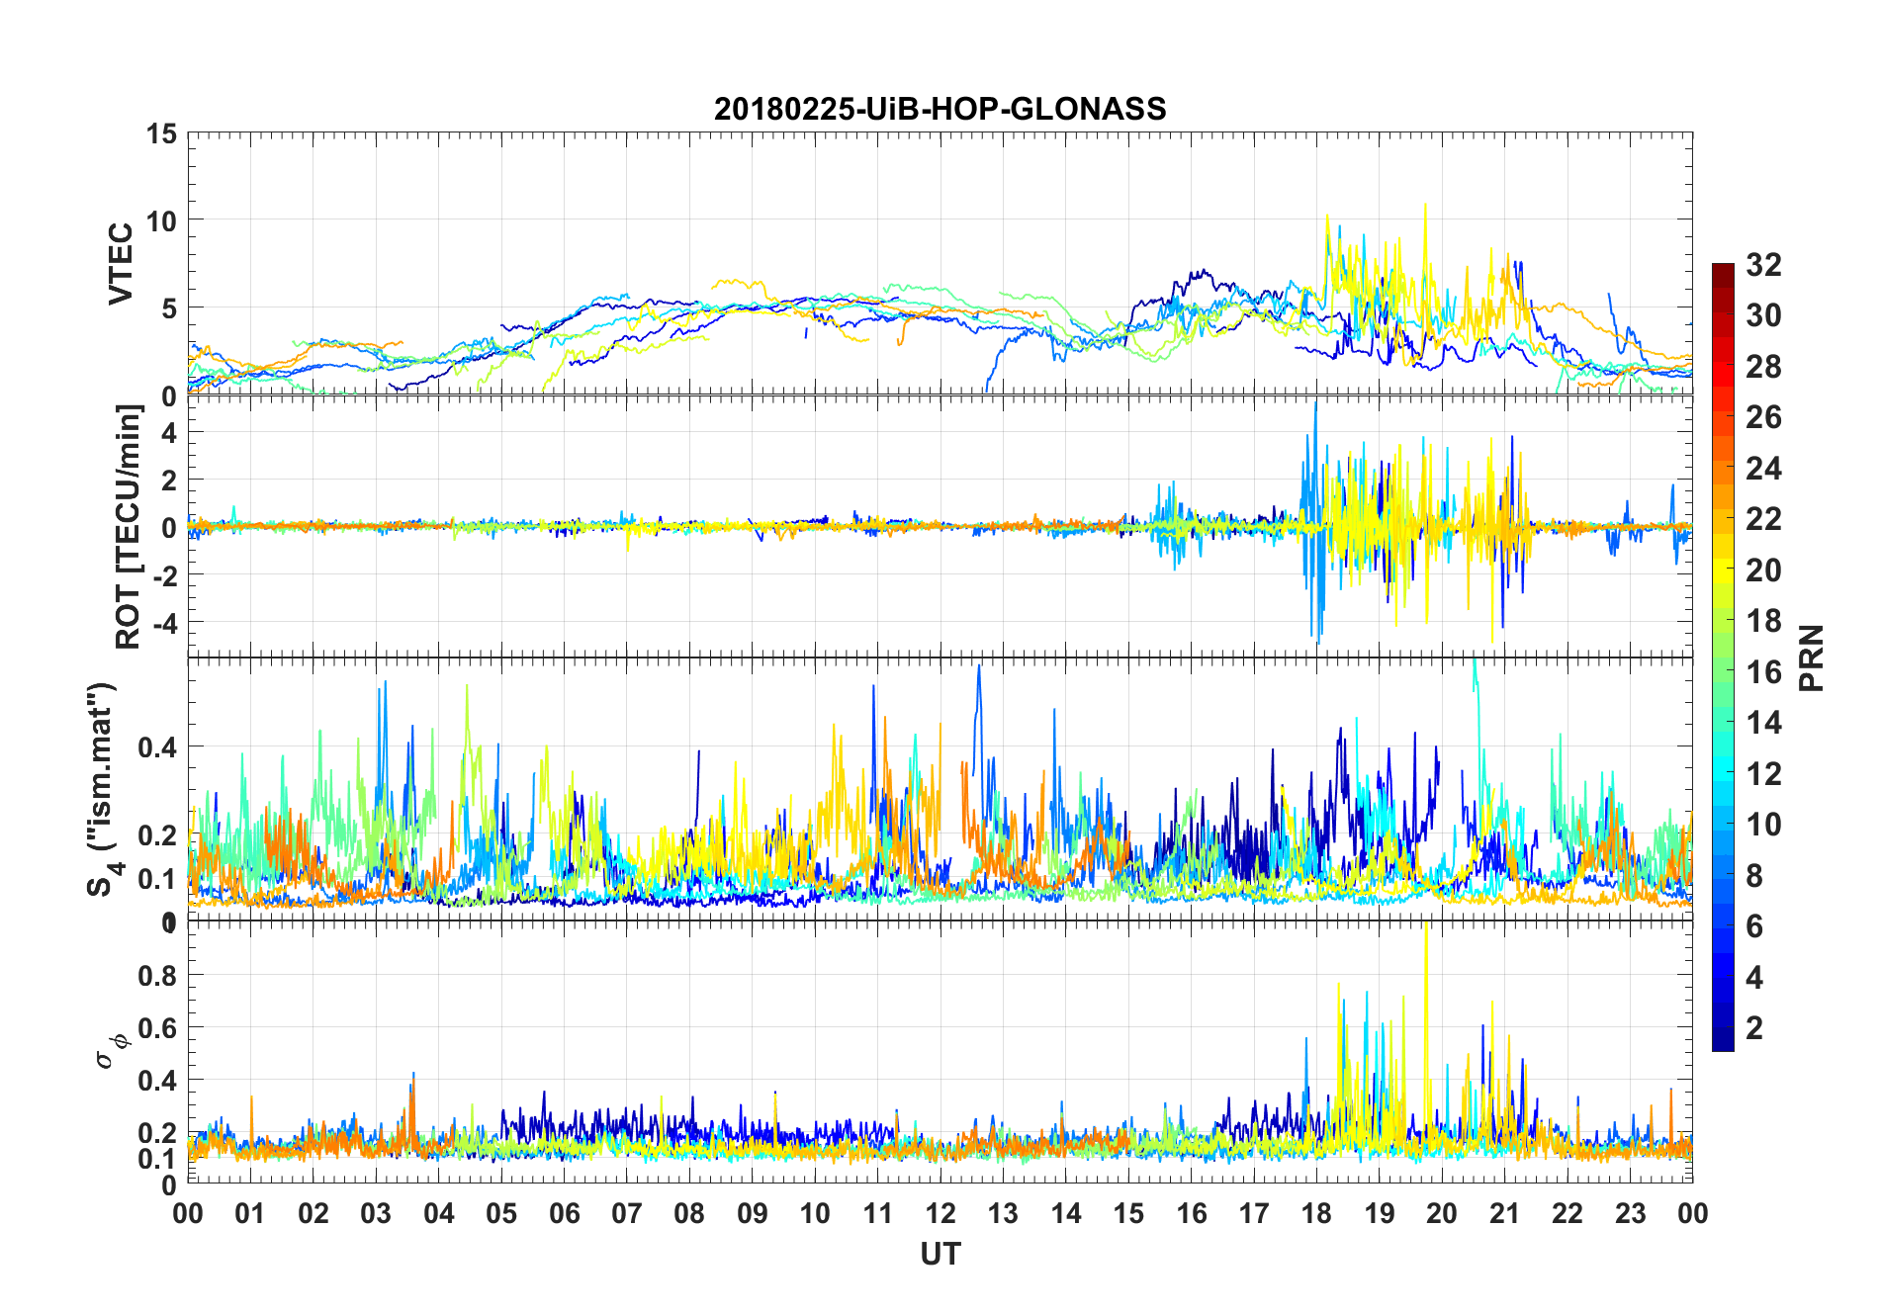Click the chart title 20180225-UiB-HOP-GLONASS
click(940, 109)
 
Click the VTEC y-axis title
click(121, 264)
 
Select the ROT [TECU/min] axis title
click(128, 527)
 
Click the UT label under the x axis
click(940, 1254)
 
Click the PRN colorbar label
click(1811, 657)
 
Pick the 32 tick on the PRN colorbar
click(1763, 264)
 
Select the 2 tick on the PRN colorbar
click(1754, 1027)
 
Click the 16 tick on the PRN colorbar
click(1763, 672)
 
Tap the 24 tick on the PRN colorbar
click(1763, 469)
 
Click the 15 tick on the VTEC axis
click(163, 133)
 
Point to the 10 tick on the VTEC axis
click(163, 220)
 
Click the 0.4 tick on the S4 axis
click(157, 746)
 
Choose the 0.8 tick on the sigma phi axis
click(157, 975)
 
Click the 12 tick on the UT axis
click(940, 1213)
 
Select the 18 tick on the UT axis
click(1316, 1213)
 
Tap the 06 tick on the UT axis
click(564, 1213)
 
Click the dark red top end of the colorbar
click(1723, 269)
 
